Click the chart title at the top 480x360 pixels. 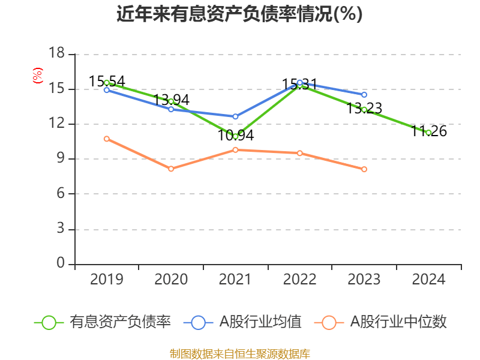click(239, 14)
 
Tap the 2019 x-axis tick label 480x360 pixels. click(106, 280)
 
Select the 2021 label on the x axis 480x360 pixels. click(235, 280)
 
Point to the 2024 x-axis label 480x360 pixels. click(428, 280)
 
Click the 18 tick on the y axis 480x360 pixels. click(56, 54)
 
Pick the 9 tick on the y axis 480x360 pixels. click(60, 159)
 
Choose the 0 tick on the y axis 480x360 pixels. click(60, 264)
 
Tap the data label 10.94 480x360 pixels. click(235, 136)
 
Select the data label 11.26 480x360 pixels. click(429, 131)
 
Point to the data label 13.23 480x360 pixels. click(364, 108)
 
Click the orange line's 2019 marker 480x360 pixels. click(107, 139)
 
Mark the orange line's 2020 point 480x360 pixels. click(171, 169)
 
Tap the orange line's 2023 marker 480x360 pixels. click(364, 169)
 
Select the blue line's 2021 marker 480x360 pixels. click(235, 116)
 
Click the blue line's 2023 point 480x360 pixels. click(364, 95)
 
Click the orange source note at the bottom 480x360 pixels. click(239, 353)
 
